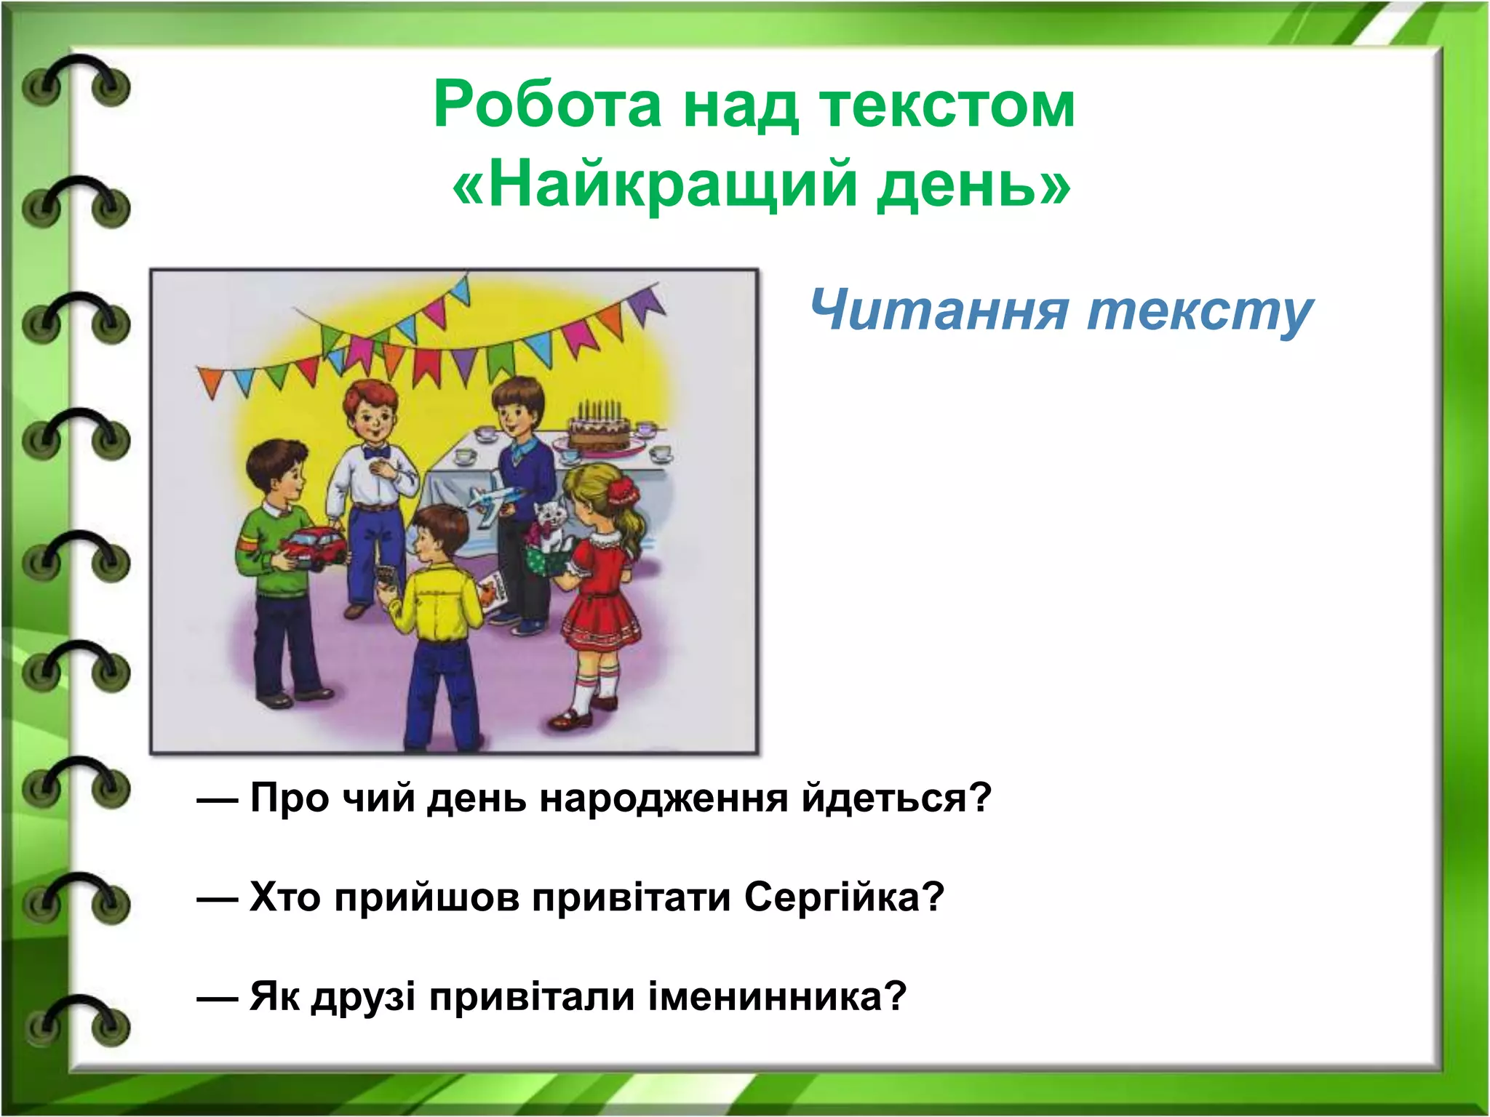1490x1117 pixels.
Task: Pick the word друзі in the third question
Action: pos(363,996)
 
